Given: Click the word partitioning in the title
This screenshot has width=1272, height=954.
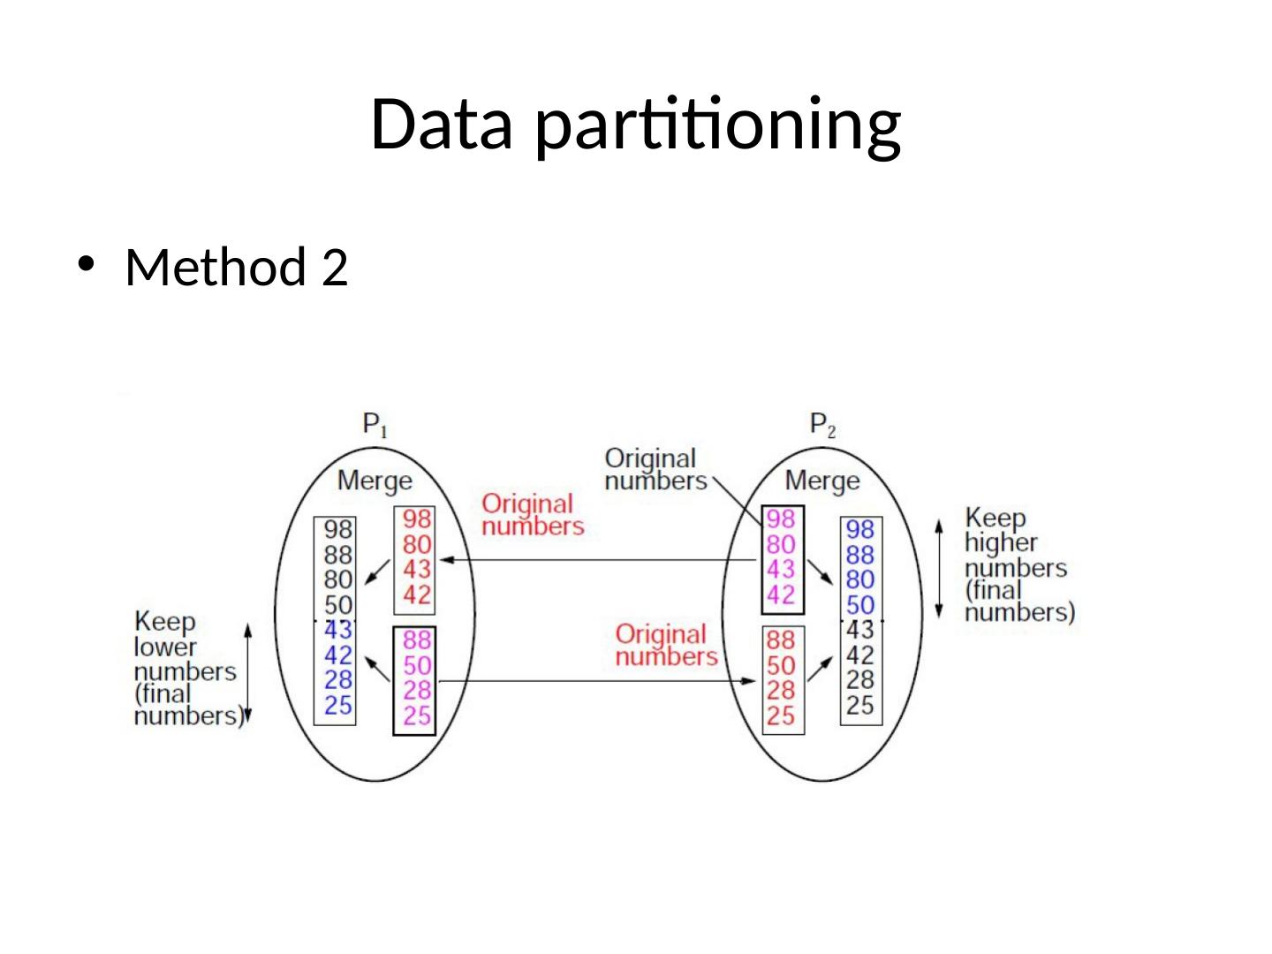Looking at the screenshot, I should [x=719, y=125].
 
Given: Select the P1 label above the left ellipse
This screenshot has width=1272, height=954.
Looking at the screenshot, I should [x=375, y=426].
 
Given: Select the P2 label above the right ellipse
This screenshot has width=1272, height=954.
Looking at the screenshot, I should [x=822, y=426].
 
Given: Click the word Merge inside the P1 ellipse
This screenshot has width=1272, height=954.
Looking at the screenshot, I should [x=375, y=481].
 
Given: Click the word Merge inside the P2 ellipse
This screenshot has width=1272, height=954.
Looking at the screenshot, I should [x=821, y=481].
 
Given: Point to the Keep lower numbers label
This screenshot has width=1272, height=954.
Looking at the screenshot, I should [x=185, y=669].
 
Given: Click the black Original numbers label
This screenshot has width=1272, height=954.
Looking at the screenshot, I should [x=653, y=469].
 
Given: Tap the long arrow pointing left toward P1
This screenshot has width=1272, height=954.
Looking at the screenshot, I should [x=601, y=560].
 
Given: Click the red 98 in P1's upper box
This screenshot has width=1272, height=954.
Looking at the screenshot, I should [x=417, y=519].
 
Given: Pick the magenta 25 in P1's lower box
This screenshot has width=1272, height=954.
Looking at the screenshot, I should [x=417, y=715].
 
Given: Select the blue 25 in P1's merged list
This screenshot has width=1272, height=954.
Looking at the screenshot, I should [x=337, y=705].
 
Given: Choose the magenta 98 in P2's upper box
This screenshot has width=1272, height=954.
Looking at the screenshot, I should [x=781, y=519].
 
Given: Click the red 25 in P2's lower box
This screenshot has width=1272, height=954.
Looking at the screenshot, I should [x=781, y=715].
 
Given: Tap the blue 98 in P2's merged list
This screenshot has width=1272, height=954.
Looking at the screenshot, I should [x=859, y=529].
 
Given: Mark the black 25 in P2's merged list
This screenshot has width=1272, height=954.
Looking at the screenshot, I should [x=859, y=705].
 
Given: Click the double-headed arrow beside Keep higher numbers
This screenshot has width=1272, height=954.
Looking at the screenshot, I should [x=939, y=568].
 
